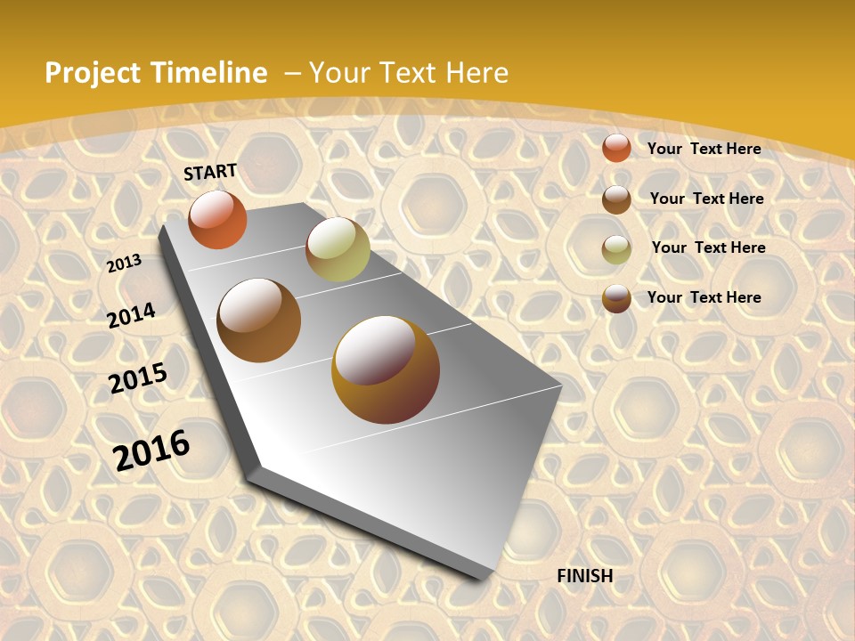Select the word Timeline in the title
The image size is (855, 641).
[209, 73]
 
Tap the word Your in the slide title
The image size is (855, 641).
[341, 73]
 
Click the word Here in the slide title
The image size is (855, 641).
[476, 73]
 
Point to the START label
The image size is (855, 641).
[210, 172]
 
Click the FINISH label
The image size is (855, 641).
[585, 576]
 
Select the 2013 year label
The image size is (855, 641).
[124, 264]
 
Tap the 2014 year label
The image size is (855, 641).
[131, 315]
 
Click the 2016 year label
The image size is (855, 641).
[151, 450]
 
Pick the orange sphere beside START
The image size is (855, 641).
[217, 220]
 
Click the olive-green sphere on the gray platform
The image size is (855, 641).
[338, 249]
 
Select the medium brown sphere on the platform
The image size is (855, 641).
[259, 320]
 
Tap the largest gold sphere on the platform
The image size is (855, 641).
[386, 369]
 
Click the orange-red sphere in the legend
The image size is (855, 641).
[616, 149]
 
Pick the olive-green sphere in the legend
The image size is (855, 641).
[616, 249]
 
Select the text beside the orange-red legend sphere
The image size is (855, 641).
[704, 149]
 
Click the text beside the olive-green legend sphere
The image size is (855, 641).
[708, 247]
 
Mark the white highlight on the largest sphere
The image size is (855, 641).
[374, 351]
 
